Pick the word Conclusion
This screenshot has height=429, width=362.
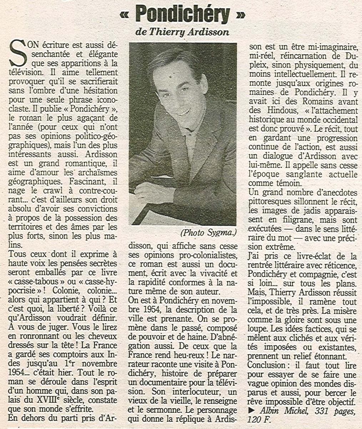pos(269,365)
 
